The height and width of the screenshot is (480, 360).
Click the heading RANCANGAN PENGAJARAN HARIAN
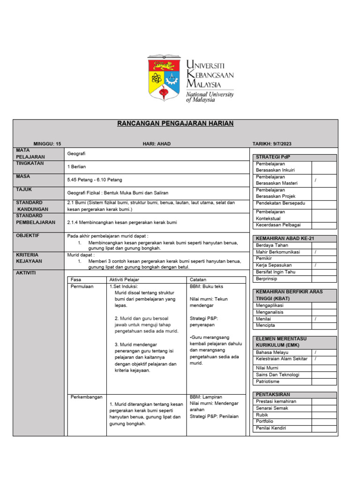coord(175,124)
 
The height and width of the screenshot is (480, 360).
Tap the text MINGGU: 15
coord(47,143)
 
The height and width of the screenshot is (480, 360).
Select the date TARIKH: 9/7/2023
coord(272,143)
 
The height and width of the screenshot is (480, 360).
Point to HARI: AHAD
coord(157,143)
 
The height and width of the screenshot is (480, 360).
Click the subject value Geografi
coord(76,153)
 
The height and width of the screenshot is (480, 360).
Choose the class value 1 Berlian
coord(77,166)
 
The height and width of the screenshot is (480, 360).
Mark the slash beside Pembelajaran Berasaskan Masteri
coord(315,180)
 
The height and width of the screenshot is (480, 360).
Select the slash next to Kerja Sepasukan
coord(315,265)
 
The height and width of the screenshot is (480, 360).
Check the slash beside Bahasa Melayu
coord(315,352)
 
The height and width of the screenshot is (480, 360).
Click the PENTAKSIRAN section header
coord(273,395)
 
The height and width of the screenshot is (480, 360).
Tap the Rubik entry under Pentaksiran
coord(262,415)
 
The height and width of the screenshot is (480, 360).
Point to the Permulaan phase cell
coord(82,286)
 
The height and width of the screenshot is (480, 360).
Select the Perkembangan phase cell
coord(86,397)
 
